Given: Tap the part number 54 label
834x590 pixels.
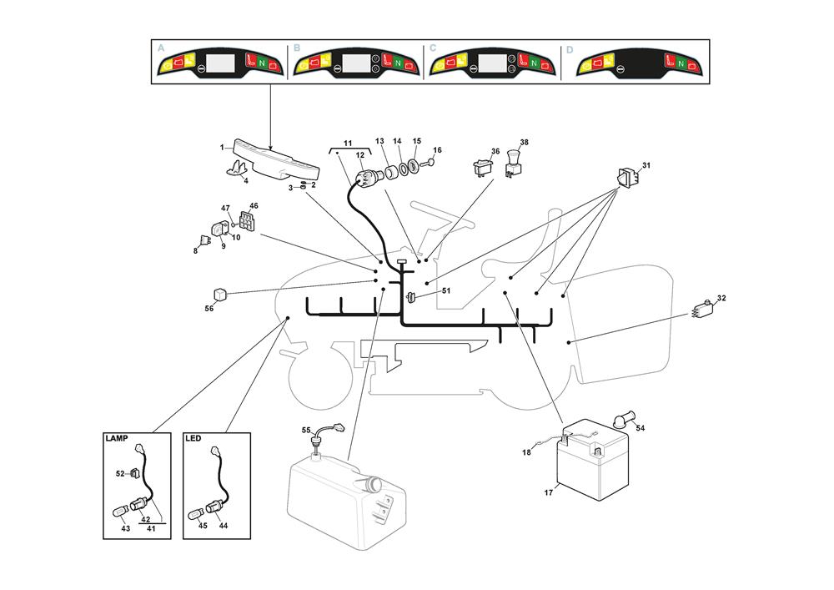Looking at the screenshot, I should pos(641,428).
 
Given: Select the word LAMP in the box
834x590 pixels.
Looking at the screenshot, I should pos(116,438).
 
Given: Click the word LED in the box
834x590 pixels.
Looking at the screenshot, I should pos(193,438).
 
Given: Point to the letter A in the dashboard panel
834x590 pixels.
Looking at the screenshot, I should pos(161,49).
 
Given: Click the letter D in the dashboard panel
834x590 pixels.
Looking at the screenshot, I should pos(570,49).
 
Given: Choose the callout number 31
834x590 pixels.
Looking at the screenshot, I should pos(646,165).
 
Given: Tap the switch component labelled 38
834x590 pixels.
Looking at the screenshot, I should pos(513,162).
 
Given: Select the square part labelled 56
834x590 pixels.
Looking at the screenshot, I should pos(219,295).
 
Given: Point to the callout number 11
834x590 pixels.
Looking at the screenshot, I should pos(348,144).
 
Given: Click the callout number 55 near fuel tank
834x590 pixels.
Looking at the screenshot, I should pos(306,431).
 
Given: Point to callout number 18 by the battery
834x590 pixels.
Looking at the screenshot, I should pos(526,452).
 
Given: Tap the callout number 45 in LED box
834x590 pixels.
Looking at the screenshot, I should pos(203,526).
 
